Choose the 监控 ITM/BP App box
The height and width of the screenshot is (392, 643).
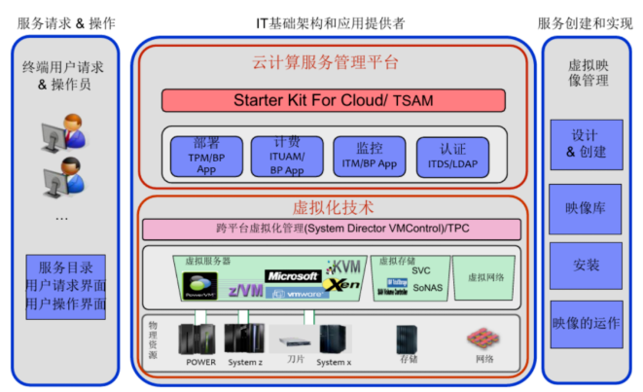(369, 156)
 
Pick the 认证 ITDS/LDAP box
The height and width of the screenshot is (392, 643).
(451, 156)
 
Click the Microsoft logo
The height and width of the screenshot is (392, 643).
(292, 275)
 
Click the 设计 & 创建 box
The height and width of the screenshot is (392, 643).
(586, 144)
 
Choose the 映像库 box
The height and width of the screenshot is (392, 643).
(586, 208)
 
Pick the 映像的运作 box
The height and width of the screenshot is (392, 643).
(586, 322)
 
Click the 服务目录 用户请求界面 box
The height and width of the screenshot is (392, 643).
(66, 286)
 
